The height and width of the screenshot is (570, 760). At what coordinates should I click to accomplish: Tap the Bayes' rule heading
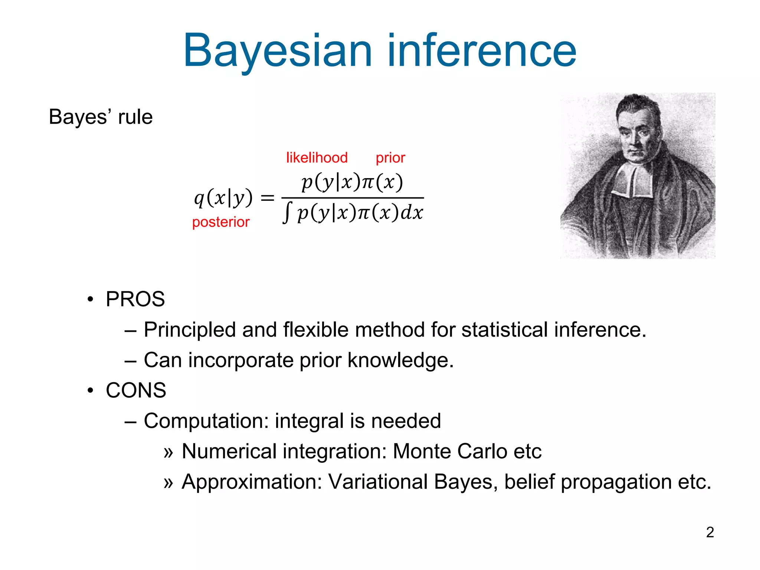101,117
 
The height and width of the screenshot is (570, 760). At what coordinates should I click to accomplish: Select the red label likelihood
317,158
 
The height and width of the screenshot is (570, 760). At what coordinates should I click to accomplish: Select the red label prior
390,158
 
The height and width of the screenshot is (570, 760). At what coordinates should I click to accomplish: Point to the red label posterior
221,222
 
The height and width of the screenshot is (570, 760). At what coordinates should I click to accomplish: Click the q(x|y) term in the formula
223,198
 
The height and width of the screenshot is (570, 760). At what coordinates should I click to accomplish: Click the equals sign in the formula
267,198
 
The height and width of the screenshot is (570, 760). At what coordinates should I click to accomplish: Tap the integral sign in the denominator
286,213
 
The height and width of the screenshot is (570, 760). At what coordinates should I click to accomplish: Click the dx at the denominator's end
412,213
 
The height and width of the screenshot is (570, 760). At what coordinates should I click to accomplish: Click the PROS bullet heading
135,299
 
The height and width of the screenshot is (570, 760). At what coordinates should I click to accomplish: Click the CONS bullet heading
136,390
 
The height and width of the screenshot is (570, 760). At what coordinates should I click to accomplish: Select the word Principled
190,330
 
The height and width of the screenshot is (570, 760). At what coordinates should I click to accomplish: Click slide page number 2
710,532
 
